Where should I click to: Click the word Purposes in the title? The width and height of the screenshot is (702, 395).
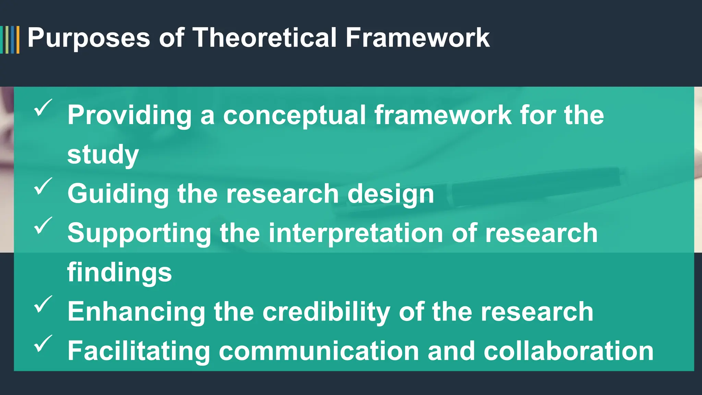(x=88, y=38)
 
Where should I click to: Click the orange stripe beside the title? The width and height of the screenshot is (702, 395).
(x=18, y=40)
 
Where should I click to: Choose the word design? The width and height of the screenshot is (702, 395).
(x=390, y=194)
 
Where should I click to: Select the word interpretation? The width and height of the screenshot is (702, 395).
(x=356, y=234)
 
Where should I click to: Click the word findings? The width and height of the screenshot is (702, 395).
(x=119, y=273)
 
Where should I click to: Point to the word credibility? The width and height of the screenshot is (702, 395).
(x=326, y=312)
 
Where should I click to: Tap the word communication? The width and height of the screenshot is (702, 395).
(x=319, y=351)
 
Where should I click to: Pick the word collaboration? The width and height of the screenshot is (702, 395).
(x=568, y=351)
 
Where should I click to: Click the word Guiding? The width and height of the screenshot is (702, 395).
(x=118, y=194)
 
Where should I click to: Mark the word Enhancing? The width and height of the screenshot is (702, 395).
(x=136, y=312)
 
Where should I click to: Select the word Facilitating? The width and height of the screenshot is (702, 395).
(x=139, y=351)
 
